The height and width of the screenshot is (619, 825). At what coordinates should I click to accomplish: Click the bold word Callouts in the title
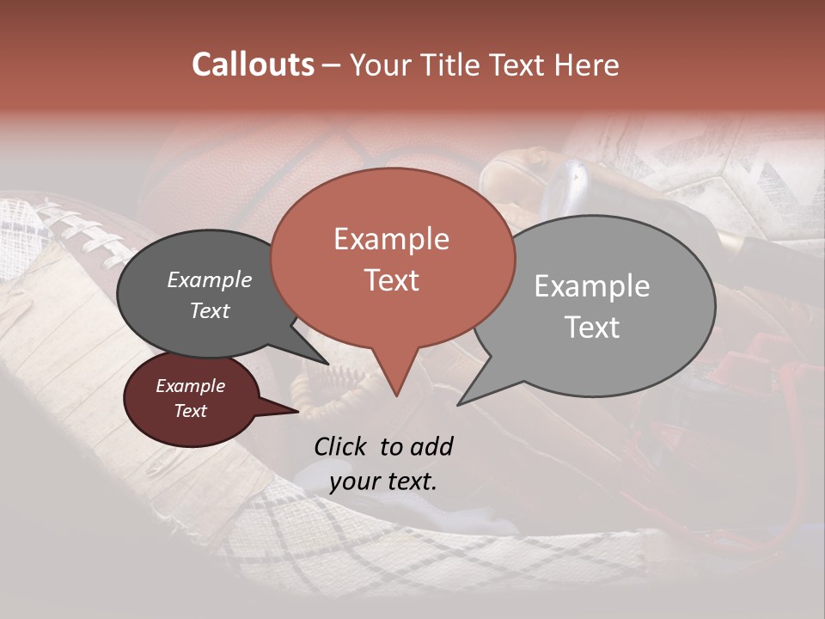(x=253, y=64)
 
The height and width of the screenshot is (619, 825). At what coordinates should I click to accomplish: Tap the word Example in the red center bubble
(x=391, y=239)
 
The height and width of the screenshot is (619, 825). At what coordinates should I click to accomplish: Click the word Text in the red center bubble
(x=391, y=280)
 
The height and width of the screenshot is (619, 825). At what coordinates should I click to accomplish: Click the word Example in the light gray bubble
(x=592, y=286)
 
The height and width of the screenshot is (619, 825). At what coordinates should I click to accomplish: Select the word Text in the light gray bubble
(x=592, y=328)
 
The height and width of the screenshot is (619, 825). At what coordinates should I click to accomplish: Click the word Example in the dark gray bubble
(x=210, y=279)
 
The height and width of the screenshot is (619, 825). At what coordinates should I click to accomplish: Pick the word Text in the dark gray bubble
(x=210, y=310)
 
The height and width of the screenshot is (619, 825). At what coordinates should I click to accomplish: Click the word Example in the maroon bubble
(x=191, y=386)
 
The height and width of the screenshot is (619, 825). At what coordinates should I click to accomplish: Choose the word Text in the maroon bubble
(x=191, y=411)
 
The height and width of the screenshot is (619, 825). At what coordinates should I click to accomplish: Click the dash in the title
(x=332, y=64)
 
